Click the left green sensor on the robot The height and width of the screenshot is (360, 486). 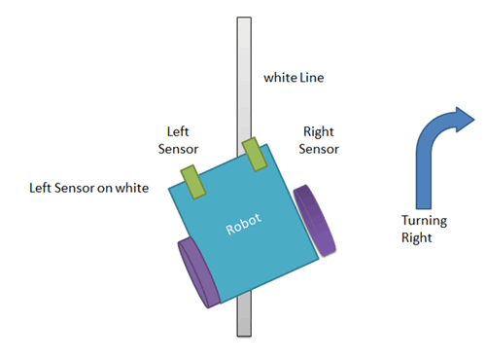tap(189, 178)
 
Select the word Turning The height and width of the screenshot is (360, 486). tap(424, 219)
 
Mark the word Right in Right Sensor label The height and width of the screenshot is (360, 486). tap(318, 132)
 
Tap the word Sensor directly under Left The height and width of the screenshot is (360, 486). tap(180, 150)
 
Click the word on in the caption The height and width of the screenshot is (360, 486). tap(107, 187)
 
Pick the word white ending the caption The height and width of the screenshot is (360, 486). tap(132, 187)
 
